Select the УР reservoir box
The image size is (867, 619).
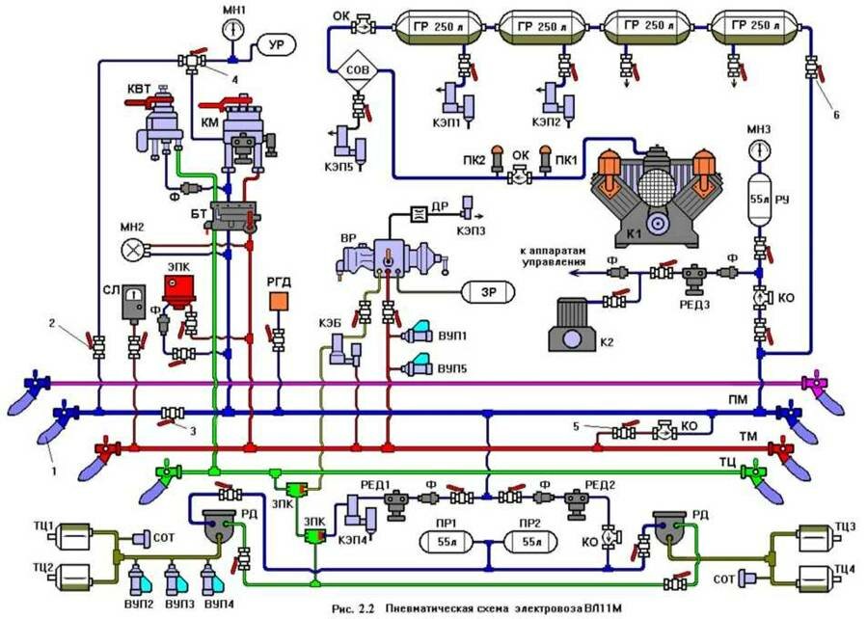pyautogui.click(x=276, y=44)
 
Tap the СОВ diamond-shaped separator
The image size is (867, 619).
pyautogui.click(x=356, y=69)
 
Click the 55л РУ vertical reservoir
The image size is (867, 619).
pyautogui.click(x=757, y=204)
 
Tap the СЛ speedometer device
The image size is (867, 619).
pyautogui.click(x=135, y=306)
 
